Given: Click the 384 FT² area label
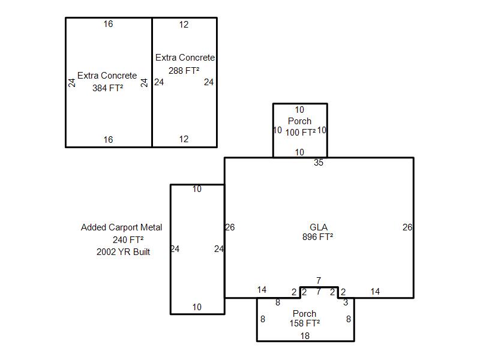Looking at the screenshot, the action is coord(108,88).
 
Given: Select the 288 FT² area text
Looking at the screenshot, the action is coord(184,71).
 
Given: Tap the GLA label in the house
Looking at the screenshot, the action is coord(319,227).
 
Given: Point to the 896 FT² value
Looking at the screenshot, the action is coord(318,237).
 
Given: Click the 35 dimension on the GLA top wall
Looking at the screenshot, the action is coord(319,163).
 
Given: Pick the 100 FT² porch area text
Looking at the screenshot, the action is coord(301,133).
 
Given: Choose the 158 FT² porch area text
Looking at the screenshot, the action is coord(305,323).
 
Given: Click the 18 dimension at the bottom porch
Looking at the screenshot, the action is coord(305,336).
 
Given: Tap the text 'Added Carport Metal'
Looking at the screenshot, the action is coord(122,227).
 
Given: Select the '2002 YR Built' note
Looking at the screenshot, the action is coord(124,252).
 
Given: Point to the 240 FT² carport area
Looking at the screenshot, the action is coord(128,239).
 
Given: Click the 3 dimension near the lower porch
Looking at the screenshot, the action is coord(346,302).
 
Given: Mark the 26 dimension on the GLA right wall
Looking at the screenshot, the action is coord(407,227).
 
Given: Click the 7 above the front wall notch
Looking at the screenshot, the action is coord(319,280).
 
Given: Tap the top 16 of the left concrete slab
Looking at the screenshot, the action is coord(108,24).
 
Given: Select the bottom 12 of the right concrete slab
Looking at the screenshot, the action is coord(184,139).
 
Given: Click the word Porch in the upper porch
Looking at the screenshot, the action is coord(299,121).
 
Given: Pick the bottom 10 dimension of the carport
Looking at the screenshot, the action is coord(197,307).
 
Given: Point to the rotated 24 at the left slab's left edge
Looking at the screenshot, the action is coord(71,83).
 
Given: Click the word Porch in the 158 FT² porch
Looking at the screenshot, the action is coord(304,314).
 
